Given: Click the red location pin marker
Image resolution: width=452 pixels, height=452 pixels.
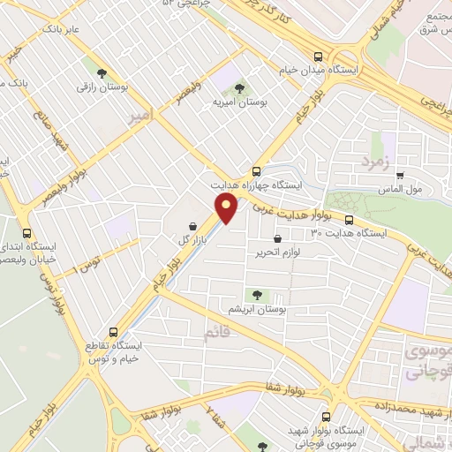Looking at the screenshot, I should tap(227, 208).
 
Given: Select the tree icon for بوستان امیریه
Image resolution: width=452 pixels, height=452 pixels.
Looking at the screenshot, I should tap(239, 88).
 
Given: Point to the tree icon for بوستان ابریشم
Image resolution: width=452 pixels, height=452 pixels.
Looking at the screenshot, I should tap(257, 295).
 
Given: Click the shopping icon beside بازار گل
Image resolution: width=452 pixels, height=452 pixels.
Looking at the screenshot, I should tap(193, 226).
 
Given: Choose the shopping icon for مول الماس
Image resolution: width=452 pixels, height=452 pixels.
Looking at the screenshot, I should tap(400, 176).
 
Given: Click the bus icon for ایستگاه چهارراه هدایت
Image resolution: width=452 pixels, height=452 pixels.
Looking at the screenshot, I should tap(256, 172).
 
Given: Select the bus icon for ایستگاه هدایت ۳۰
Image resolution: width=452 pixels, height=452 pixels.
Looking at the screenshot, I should tap(349, 221).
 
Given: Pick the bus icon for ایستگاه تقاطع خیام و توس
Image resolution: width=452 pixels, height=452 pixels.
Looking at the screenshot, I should tap(110, 332).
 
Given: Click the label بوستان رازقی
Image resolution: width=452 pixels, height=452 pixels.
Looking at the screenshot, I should tap(97, 87).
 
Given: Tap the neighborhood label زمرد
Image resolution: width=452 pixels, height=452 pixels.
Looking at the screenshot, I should tap(376, 161).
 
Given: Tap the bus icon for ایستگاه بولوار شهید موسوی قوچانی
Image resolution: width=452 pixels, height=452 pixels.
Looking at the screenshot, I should tap(326, 416).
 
